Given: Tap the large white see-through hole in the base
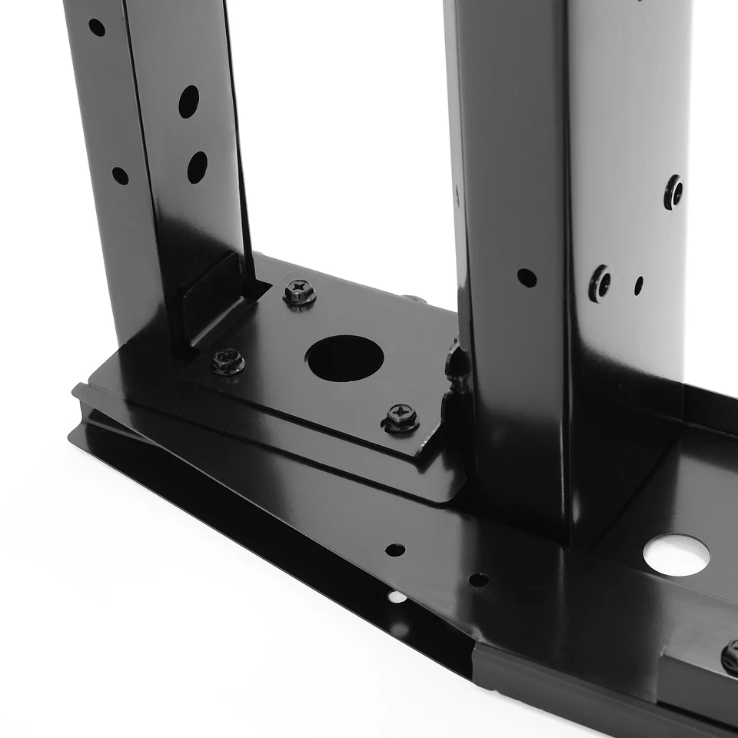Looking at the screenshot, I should click(x=676, y=554).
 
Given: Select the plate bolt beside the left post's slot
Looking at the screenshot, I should click(x=299, y=292).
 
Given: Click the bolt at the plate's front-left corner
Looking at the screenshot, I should click(x=228, y=361).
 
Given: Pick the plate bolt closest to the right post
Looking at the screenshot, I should click(x=401, y=417).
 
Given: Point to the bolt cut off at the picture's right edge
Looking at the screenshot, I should click(x=730, y=658).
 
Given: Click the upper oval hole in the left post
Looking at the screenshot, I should click(x=188, y=101).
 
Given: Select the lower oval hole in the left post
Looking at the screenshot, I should click(x=197, y=167).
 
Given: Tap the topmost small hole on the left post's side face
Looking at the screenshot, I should click(x=97, y=28).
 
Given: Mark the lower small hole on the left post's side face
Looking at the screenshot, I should click(x=120, y=175).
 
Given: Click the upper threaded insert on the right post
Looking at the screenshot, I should click(x=673, y=191).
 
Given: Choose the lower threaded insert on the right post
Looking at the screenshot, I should click(x=600, y=284).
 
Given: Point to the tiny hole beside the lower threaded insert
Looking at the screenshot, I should click(x=639, y=286).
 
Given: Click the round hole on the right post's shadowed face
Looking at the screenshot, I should click(x=527, y=278).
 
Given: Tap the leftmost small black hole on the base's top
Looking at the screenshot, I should click(x=395, y=550).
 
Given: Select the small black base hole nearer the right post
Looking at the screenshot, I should click(x=478, y=580).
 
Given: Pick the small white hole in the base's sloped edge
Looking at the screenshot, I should click(x=397, y=597).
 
